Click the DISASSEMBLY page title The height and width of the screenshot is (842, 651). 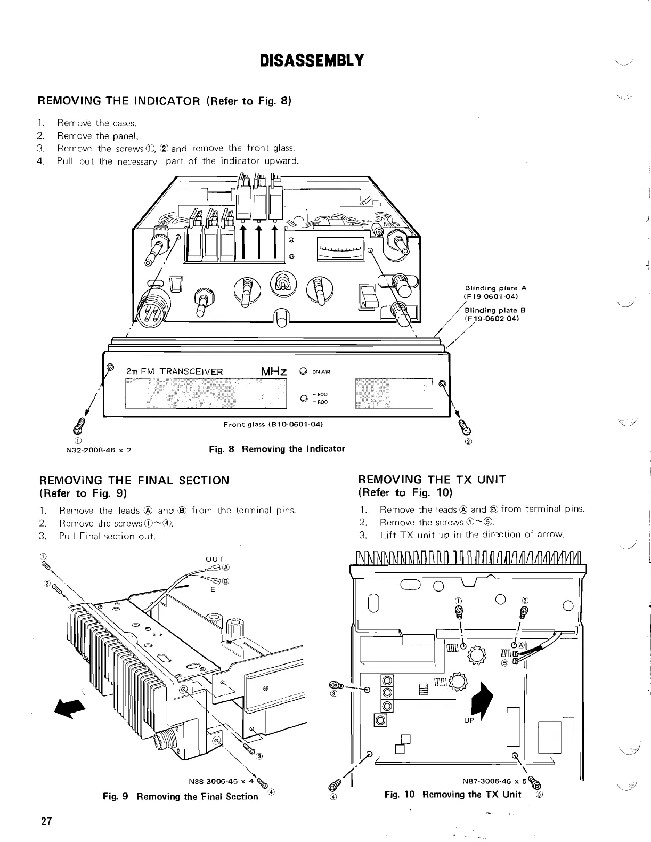pyautogui.click(x=311, y=60)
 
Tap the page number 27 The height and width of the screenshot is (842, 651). pyautogui.click(x=46, y=821)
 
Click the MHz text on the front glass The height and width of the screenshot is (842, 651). pyautogui.click(x=274, y=371)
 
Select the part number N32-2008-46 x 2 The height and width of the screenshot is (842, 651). pyautogui.click(x=98, y=449)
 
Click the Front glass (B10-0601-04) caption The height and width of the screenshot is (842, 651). pyautogui.click(x=273, y=424)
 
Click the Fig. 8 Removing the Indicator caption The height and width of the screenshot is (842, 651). pyautogui.click(x=277, y=449)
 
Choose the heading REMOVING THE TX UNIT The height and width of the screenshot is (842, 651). pyautogui.click(x=433, y=480)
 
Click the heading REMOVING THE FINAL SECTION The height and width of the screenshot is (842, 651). pyautogui.click(x=134, y=480)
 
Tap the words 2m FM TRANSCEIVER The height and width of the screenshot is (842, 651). pyautogui.click(x=175, y=371)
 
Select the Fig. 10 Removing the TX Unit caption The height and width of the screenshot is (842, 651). pyautogui.click(x=453, y=794)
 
